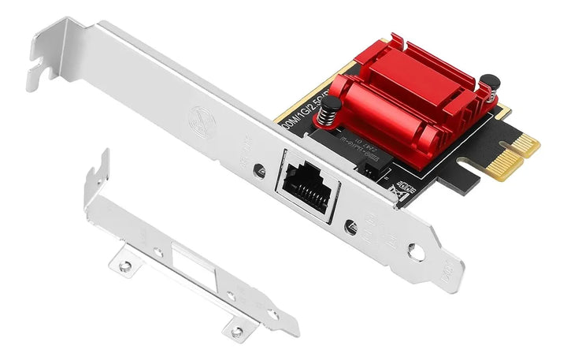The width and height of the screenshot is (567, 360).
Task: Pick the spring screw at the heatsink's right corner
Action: [491, 84]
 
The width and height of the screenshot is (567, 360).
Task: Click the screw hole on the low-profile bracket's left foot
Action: [124, 266]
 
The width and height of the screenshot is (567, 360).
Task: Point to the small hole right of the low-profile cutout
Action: [231, 296]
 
